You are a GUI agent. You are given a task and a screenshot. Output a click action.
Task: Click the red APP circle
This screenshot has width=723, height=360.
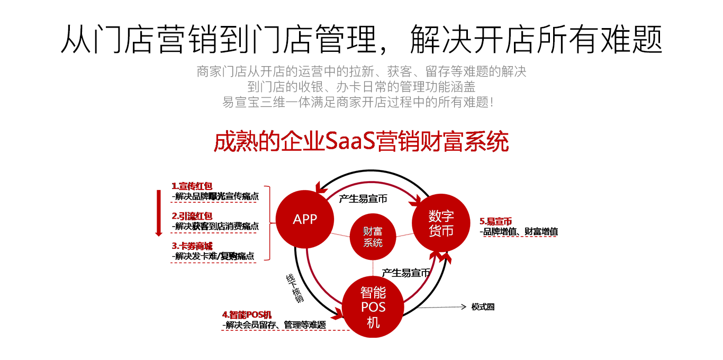click(x=304, y=219)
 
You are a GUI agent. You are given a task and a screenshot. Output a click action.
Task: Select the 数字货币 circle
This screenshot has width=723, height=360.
click(x=441, y=223)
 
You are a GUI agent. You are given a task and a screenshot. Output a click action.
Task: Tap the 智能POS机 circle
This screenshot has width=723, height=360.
click(x=373, y=307)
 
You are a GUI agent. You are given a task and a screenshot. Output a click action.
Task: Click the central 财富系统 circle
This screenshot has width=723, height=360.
click(x=373, y=237)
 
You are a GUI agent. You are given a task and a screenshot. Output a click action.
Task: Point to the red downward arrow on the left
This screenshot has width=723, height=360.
click(x=158, y=212)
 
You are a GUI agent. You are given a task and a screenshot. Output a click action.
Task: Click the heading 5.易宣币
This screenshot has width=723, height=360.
click(x=495, y=222)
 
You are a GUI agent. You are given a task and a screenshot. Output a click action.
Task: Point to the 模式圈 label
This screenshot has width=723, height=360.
click(x=483, y=307)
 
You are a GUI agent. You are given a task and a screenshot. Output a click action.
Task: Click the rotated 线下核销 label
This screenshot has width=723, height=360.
click(x=295, y=289)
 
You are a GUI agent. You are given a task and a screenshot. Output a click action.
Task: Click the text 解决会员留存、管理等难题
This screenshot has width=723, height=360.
click(x=274, y=325)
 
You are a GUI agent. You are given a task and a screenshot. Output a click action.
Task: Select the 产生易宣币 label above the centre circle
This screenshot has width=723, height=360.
click(x=363, y=199)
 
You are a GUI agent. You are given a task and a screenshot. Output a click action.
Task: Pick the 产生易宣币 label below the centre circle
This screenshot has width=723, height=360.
click(x=405, y=273)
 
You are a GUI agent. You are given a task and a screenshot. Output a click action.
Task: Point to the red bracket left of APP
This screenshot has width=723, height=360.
click(x=268, y=222)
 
